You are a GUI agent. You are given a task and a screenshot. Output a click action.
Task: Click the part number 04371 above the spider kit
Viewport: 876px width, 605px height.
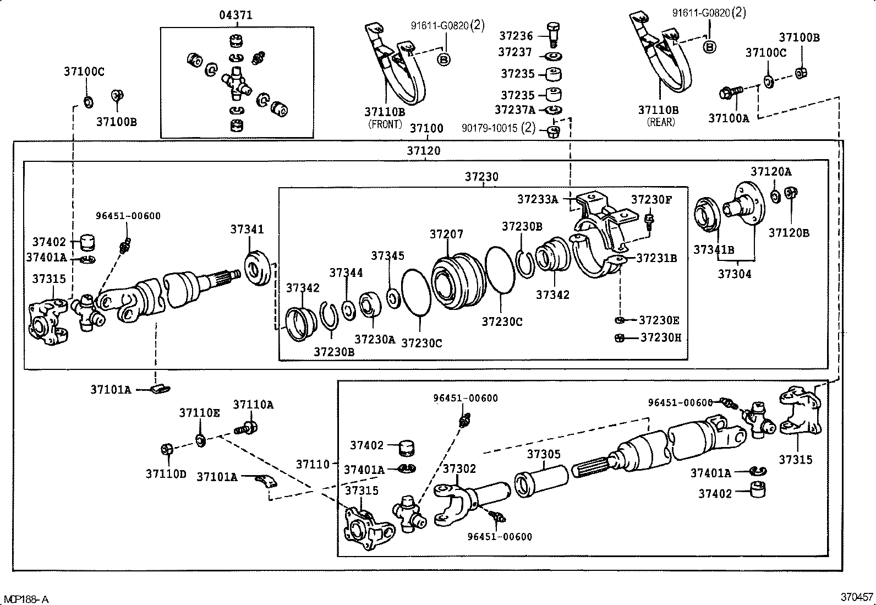click(236, 15)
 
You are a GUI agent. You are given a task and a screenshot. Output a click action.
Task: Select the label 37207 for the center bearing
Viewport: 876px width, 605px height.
click(446, 235)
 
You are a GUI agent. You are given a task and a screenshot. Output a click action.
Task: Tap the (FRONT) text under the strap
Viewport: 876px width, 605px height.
click(385, 124)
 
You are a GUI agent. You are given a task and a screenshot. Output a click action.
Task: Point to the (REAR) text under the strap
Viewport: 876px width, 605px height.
click(661, 122)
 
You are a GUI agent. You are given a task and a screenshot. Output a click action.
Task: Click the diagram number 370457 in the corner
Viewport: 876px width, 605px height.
click(856, 597)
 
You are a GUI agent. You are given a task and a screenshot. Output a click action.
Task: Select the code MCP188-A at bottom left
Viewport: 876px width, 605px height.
click(26, 599)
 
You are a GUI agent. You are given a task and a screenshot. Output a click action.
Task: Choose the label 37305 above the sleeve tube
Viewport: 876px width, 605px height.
click(544, 454)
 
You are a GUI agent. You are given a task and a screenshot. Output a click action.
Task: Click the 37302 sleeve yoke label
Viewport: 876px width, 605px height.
click(459, 468)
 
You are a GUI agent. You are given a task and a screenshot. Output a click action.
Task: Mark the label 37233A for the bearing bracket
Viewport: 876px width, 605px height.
click(537, 199)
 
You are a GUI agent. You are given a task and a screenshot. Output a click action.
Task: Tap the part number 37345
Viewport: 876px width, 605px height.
click(387, 255)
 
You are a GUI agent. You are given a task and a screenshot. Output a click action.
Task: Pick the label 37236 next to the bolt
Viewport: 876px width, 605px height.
click(516, 36)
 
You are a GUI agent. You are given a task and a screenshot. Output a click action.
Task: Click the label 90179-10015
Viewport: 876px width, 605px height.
click(490, 128)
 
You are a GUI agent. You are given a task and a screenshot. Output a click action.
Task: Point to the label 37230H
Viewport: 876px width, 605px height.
click(660, 337)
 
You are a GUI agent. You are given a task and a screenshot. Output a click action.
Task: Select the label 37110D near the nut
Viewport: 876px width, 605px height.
click(166, 473)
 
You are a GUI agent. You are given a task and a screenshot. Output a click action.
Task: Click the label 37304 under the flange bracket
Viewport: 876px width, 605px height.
click(735, 274)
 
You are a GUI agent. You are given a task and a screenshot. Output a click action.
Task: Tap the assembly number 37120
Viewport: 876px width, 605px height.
click(424, 150)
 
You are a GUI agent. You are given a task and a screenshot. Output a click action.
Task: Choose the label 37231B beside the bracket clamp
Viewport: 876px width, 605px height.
click(656, 258)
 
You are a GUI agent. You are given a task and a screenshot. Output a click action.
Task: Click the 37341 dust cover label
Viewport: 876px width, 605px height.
click(247, 230)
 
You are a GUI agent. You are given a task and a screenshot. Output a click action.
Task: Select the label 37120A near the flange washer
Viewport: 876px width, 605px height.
click(771, 171)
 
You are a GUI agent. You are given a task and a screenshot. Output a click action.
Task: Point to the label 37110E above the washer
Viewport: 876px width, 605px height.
click(199, 412)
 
